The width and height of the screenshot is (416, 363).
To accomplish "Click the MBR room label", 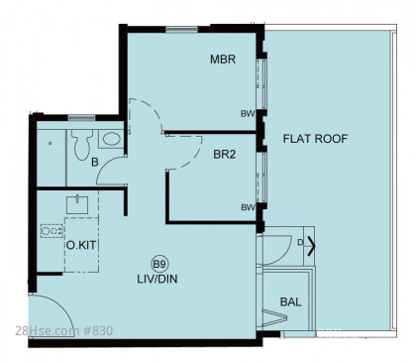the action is click(223, 60).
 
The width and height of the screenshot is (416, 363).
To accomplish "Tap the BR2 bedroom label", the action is click(225, 155).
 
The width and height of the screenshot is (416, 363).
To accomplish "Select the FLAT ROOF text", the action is click(315, 139).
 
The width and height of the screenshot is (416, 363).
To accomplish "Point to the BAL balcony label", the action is click(290, 302).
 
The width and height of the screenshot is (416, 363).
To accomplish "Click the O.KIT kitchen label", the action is click(81, 245).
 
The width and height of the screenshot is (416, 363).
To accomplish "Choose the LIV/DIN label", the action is click(157, 279).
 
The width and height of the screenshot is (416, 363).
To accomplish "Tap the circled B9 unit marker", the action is click(159, 264).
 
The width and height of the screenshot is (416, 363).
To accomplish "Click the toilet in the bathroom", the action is click(81, 144).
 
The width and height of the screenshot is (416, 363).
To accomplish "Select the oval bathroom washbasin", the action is click(111, 139).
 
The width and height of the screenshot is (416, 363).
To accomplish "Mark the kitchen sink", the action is click(77, 204).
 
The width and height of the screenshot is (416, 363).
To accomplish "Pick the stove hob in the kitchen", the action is click(52, 230).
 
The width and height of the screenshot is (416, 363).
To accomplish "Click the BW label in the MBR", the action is click(248, 114).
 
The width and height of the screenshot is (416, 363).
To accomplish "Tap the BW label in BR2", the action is click(248, 207).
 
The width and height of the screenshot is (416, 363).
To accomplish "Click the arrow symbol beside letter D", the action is click(312, 246).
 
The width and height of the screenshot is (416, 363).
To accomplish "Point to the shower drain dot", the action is click(50, 143).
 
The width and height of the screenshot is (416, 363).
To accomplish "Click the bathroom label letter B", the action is click(95, 163).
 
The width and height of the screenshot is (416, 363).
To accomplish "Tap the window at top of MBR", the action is click(181, 30).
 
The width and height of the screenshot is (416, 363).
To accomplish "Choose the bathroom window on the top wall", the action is click(81, 118).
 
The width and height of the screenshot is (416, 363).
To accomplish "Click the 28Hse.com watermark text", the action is click(48, 330).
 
